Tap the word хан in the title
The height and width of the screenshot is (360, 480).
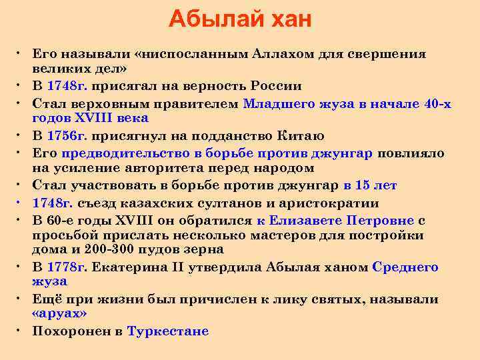[286, 19]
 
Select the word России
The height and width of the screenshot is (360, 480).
[276, 86]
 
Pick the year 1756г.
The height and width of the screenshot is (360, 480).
[67, 136]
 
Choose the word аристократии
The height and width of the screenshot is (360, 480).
[327, 203]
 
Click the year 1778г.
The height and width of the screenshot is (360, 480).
[67, 267]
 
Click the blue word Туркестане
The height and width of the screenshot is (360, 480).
[167, 331]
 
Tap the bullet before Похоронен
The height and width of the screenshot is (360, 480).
[22, 331]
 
